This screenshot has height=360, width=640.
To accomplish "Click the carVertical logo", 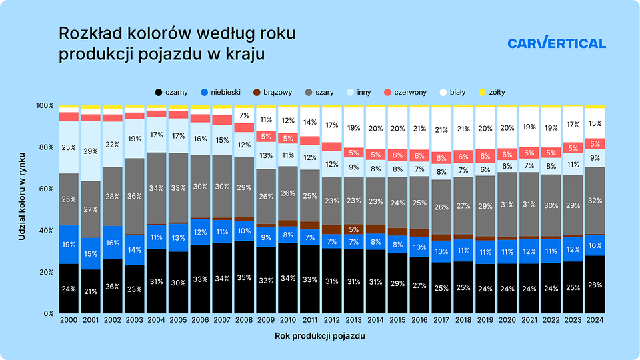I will pyautogui.click(x=557, y=43).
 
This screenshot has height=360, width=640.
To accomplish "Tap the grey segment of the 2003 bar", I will pyautogui.click(x=135, y=196).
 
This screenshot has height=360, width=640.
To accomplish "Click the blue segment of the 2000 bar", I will pyautogui.click(x=69, y=245).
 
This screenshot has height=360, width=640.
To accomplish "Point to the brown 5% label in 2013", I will pyautogui.click(x=353, y=229).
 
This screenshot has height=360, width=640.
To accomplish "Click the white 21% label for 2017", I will pyautogui.click(x=441, y=130).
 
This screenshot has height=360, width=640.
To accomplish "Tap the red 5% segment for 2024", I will pyautogui.click(x=595, y=143).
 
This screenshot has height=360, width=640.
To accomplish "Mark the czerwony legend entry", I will pyautogui.click(x=405, y=92).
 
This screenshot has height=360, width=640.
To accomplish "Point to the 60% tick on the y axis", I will pyautogui.click(x=45, y=189).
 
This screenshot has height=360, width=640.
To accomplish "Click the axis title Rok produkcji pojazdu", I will pyautogui.click(x=320, y=337).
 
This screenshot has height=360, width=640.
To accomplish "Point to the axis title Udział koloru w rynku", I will pyautogui.click(x=22, y=209).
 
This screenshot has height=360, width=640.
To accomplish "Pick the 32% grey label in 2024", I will pyautogui.click(x=595, y=200).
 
